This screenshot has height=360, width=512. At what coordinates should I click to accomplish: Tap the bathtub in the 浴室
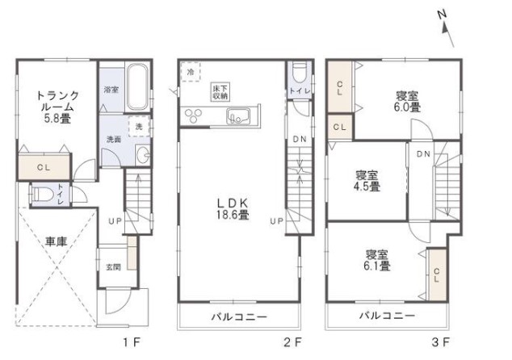coord(138,87)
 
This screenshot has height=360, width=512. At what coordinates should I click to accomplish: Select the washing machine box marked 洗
coord(140,126)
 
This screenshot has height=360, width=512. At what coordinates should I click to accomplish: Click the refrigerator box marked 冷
coord(191,72)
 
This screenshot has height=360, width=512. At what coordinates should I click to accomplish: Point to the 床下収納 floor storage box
coord(220,92)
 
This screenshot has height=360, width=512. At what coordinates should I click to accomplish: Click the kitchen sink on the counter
coord(238,116)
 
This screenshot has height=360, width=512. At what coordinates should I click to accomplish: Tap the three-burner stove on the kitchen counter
coord(193,116)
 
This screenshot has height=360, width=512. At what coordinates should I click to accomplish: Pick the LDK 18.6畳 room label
coord(233,209)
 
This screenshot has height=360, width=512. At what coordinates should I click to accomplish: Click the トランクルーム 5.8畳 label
coord(57,107)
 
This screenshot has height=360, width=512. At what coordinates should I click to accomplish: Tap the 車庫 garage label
coord(57,242)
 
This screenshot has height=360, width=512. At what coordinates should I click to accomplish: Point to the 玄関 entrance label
coord(113,267)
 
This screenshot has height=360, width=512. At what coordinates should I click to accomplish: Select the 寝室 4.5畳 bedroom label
coord(367,181)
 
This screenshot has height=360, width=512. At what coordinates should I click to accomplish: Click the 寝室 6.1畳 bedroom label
coord(377,260)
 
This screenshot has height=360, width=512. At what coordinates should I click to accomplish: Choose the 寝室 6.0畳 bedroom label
coord(407,102)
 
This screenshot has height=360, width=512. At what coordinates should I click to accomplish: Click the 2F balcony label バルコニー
coord(239,316)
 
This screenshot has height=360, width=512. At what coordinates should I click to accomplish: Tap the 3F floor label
coord(441,342)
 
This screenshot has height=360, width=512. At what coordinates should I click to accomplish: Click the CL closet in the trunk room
coord(44,167)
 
